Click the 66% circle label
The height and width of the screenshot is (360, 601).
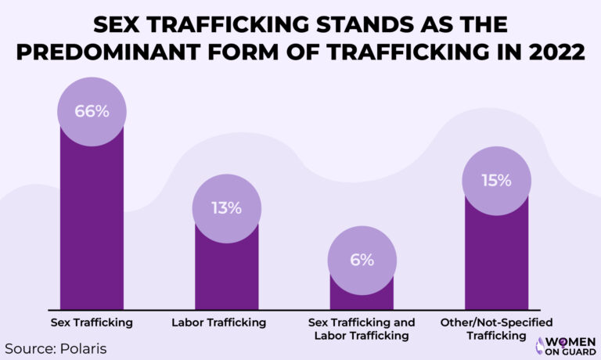(92, 111)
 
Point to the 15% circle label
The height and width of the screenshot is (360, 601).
(496, 181)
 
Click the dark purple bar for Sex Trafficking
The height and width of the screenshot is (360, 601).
(92, 227)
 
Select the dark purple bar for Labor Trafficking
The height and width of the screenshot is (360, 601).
(226, 274)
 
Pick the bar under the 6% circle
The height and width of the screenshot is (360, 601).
(361, 297)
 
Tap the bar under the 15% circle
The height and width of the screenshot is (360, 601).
(496, 258)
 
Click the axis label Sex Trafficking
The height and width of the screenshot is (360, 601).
(92, 322)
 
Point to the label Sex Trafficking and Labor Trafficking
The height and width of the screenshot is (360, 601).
(361, 329)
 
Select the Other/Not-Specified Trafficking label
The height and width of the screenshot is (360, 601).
(496, 329)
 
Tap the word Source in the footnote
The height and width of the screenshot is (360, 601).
(28, 347)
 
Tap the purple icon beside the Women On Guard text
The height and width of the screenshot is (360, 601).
(540, 345)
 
